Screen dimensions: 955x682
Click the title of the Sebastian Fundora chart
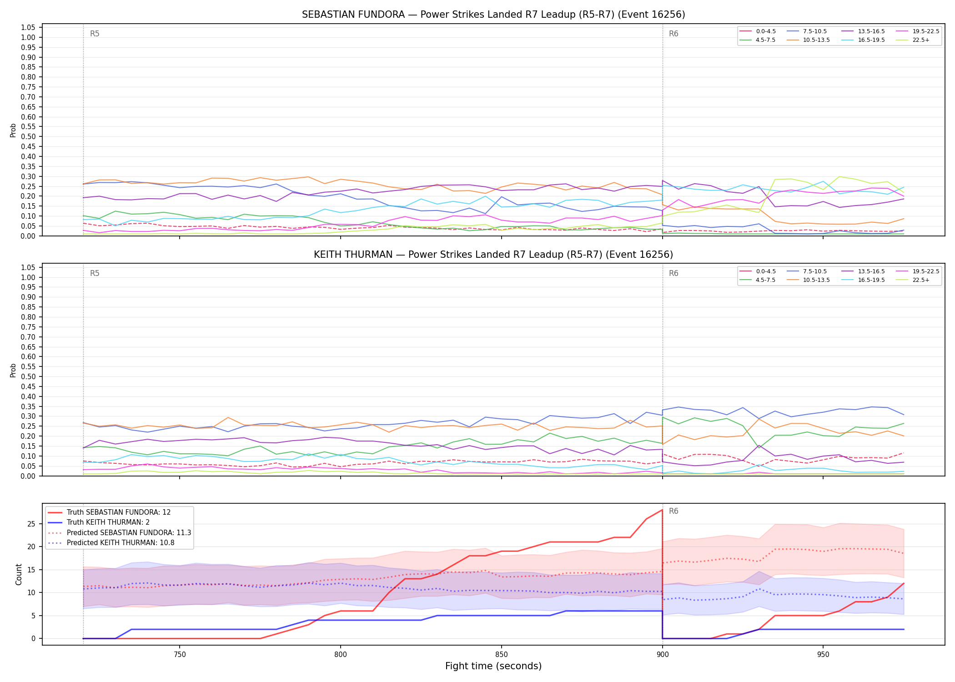tap(493, 15)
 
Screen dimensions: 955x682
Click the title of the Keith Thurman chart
tap(493, 255)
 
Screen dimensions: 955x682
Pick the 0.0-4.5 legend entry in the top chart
tap(758, 31)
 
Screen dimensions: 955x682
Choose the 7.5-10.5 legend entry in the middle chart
tap(807, 271)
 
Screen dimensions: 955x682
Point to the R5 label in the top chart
tap(95, 34)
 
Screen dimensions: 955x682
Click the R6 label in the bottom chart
tap(674, 511)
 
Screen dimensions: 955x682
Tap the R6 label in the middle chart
tap(674, 273)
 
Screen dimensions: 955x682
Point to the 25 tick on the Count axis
tap(31, 524)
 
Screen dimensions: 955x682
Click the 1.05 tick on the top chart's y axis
tap(28, 28)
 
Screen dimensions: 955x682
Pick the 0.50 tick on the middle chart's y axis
tap(28, 376)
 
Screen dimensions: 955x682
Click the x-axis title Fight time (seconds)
tap(493, 666)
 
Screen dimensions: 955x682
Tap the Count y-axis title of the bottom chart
tap(19, 574)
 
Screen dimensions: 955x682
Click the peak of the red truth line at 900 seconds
tap(663, 510)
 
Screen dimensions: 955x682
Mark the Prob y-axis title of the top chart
tap(13, 130)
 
